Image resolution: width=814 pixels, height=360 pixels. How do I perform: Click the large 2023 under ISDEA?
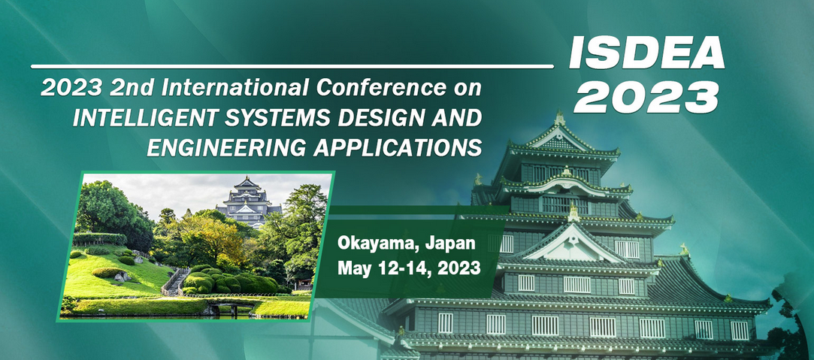click(x=646, y=97)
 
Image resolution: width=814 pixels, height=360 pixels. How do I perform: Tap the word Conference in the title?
click(x=381, y=88)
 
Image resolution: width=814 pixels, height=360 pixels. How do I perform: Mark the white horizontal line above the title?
click(x=292, y=66)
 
